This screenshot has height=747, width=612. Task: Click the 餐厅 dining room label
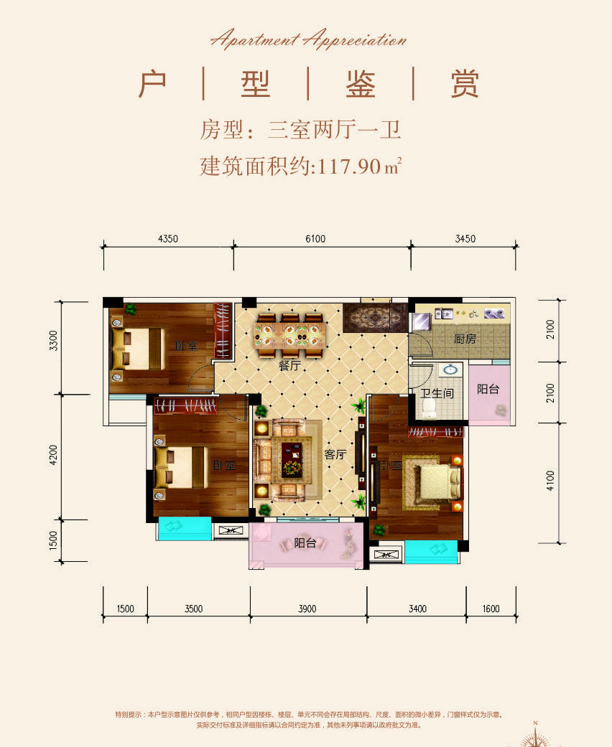point(289,365)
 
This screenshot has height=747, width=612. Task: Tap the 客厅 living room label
point(335,454)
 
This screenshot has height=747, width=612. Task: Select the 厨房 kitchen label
point(465,339)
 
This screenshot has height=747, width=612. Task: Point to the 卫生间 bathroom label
point(437,393)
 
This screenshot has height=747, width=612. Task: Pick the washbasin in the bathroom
point(451,371)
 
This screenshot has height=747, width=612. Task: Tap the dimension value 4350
point(167,239)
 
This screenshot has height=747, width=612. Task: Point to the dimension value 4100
point(550,480)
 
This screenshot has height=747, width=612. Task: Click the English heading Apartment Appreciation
point(308,40)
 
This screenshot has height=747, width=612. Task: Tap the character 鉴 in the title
point(360,85)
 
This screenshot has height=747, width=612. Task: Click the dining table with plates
point(288,334)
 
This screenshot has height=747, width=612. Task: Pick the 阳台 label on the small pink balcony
point(488,390)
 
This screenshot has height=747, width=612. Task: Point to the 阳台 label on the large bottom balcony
point(305,543)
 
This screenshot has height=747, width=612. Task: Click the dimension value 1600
point(491,609)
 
